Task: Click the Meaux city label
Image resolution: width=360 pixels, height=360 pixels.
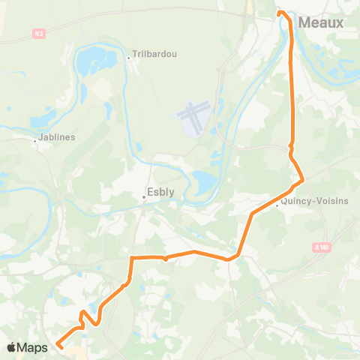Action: [x=321, y=23]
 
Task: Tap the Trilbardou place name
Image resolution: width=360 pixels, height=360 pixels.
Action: [x=154, y=55]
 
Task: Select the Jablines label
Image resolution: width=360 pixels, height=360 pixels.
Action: [x=58, y=137]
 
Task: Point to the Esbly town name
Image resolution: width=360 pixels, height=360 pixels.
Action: [x=161, y=191]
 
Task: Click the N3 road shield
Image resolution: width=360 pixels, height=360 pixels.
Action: [x=40, y=32]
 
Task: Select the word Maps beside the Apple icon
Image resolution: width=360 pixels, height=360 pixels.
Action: [x=34, y=347]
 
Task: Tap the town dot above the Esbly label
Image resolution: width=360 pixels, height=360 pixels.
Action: [x=144, y=197]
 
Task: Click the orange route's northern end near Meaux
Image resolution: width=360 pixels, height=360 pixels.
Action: [x=280, y=13]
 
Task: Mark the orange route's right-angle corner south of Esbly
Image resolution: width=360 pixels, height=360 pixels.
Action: [x=132, y=258]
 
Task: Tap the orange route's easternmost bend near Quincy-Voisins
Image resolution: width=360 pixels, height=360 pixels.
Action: [x=302, y=180]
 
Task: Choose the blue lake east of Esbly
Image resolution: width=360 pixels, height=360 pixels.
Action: [x=202, y=181]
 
